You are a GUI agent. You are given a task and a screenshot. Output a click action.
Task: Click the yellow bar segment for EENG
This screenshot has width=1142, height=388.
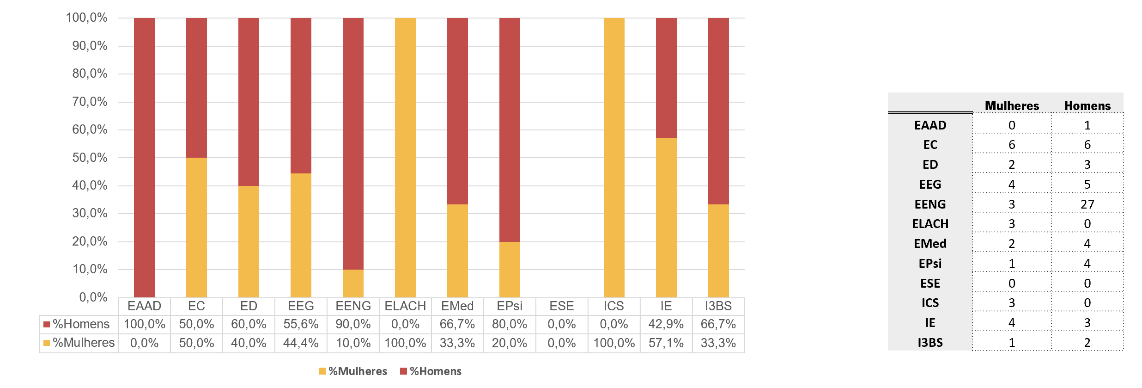click(353, 283)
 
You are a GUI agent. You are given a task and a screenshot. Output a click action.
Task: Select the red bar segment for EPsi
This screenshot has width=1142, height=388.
click(510, 129)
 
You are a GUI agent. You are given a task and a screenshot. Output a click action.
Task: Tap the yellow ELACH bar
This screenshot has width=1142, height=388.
click(405, 157)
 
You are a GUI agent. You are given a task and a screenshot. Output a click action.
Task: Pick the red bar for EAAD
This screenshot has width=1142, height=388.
click(144, 157)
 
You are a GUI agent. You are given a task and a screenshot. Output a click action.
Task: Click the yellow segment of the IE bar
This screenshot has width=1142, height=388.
click(666, 217)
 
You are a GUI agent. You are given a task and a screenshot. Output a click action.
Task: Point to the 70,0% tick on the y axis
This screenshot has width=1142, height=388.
click(90, 102)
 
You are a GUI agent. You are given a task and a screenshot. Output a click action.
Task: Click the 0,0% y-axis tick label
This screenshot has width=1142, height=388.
click(93, 297)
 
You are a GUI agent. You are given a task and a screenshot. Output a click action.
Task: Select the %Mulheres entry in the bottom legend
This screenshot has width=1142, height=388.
click(353, 371)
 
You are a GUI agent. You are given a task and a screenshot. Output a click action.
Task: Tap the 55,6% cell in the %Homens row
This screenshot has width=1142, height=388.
click(301, 324)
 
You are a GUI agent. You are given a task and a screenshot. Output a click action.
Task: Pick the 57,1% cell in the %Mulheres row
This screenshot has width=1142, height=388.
click(666, 343)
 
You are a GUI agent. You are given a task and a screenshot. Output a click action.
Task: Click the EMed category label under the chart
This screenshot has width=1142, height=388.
click(457, 306)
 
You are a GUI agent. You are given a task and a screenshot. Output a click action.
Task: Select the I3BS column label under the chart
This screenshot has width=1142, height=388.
click(718, 306)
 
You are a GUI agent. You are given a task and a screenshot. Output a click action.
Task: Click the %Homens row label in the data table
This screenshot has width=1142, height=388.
click(79, 324)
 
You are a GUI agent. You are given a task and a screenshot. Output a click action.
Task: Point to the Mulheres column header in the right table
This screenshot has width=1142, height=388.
click(1012, 106)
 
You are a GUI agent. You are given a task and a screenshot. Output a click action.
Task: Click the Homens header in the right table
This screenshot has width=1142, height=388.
click(1087, 106)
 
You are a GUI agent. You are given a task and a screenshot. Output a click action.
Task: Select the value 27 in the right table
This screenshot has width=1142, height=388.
click(1087, 204)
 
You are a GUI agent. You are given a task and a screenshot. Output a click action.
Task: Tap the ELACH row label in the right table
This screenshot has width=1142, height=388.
click(930, 224)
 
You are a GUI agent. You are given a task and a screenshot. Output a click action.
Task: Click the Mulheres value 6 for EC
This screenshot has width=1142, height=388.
click(1012, 145)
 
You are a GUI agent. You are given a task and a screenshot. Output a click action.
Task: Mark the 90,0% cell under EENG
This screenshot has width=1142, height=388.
click(353, 324)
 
